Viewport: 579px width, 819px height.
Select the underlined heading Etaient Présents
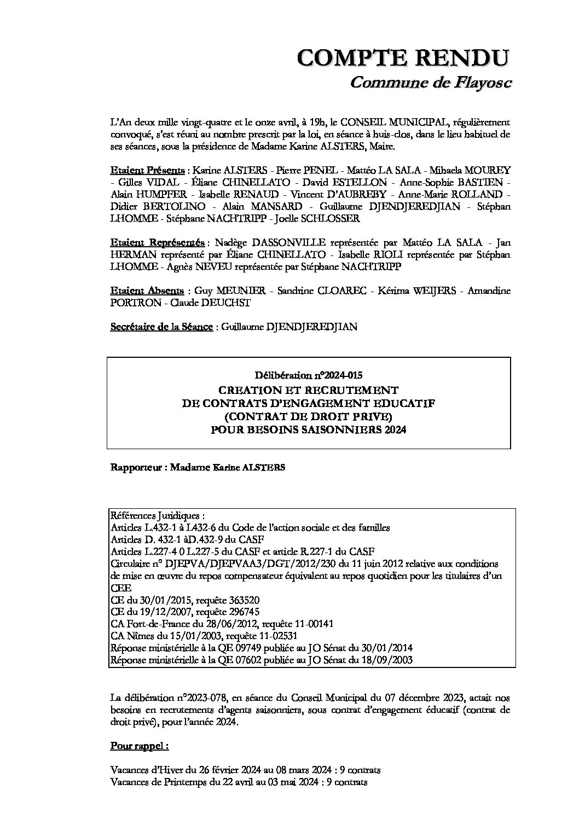pyautogui.click(x=147, y=170)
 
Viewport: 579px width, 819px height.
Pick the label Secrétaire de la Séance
pyautogui.click(x=161, y=327)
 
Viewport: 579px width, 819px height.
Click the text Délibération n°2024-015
pyautogui.click(x=308, y=375)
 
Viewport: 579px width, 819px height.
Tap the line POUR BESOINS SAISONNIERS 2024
pyautogui.click(x=308, y=430)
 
